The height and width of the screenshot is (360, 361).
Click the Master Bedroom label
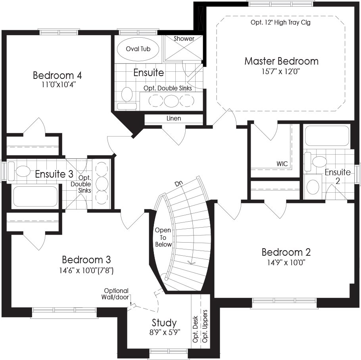pos(281,61)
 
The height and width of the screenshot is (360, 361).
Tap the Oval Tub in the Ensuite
pos(138,49)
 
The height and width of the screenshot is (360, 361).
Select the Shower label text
pos(184,38)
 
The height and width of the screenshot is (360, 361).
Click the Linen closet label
pos(174,119)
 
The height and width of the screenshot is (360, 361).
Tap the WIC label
pos(282,164)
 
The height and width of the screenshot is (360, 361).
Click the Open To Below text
pos(163,237)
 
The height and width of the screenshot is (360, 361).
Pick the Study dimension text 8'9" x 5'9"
pos(165,332)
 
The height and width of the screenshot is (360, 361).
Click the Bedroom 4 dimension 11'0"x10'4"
pos(58,85)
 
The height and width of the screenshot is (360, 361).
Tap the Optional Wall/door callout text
pos(116,294)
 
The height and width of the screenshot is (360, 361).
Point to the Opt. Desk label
pos(195,329)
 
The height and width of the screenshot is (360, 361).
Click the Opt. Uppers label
pos(205,326)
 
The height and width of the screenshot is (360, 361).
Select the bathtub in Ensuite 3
pos(35,196)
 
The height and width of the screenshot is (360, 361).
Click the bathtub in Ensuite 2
pos(327,136)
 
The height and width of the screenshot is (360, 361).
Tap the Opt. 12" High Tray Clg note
pos(280,23)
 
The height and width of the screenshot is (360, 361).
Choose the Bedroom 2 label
pos(286,252)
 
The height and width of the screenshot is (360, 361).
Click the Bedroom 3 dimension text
pos(86,270)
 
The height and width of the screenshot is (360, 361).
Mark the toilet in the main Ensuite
pos(127,98)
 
